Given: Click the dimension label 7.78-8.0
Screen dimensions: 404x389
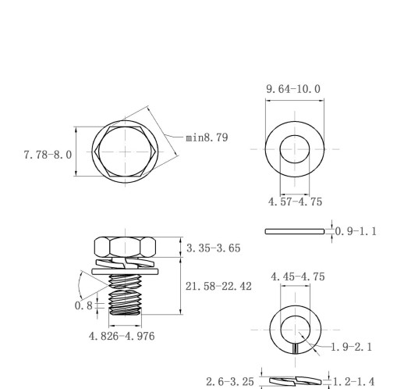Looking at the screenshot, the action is (48, 155).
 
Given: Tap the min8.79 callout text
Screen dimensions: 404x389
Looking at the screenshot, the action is (207, 137).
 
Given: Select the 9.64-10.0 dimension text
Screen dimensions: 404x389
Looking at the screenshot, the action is (293, 89).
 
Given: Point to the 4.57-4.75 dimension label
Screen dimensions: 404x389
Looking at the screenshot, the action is (295, 202).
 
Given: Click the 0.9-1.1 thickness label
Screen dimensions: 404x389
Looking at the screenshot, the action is (356, 231).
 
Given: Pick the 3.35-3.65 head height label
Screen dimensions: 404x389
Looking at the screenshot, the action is (213, 248).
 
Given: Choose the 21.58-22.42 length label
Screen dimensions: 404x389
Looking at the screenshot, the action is (218, 287).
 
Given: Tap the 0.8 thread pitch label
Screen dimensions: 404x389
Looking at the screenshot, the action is (83, 305).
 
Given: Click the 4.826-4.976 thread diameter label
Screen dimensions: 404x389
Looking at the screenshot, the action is (122, 336).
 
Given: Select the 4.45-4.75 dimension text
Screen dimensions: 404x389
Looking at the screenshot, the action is (298, 277).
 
